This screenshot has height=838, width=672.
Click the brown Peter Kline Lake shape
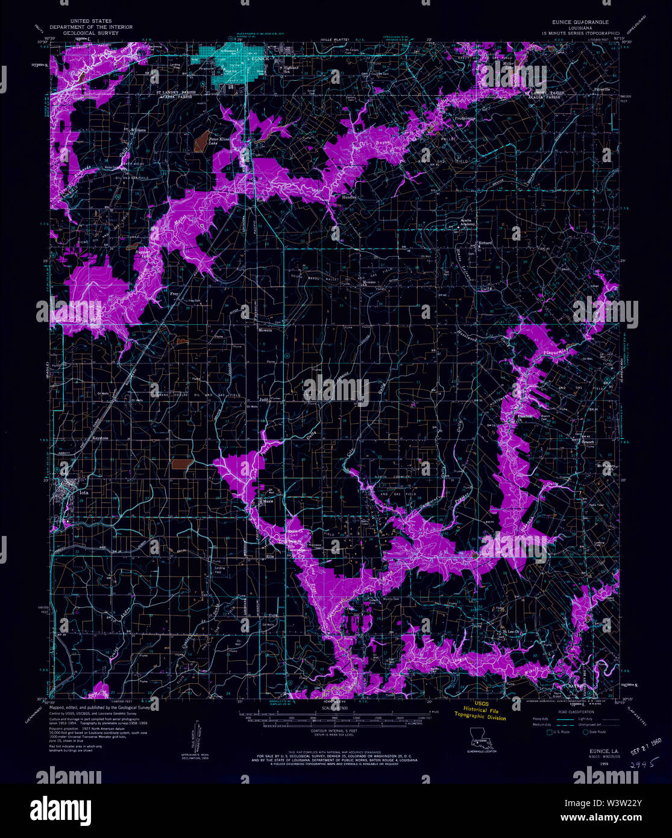pos(200,140)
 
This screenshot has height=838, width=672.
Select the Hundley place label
pos(350,197)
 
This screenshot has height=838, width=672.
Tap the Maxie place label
pos(267,501)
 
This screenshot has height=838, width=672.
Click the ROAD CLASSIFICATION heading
pos(571,710)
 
